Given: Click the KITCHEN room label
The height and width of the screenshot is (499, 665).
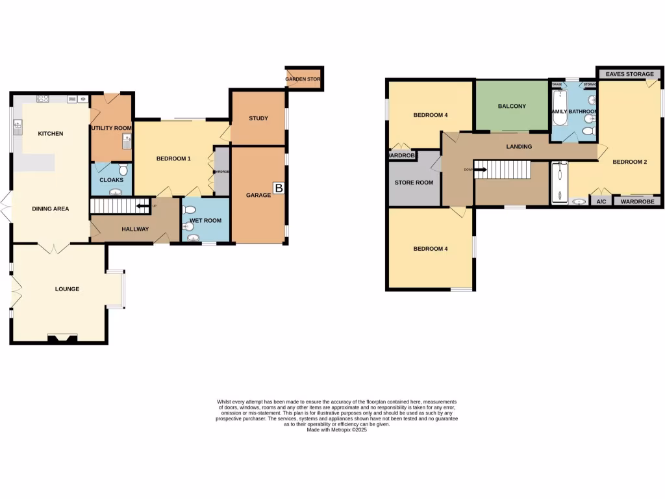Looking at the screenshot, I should click(51, 134).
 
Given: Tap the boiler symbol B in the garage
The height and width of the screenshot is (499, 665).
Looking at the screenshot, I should click(279, 188).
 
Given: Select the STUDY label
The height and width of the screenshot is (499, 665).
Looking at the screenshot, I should click(258, 118).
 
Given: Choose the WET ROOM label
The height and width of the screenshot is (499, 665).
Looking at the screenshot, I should click(205, 221).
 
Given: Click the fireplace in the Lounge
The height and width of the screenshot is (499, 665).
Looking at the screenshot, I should click(62, 337).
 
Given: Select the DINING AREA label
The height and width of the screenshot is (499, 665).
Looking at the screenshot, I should click(51, 209).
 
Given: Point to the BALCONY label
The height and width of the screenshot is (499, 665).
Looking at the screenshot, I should click(512, 107).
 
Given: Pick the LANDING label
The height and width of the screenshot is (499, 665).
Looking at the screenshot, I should click(519, 147).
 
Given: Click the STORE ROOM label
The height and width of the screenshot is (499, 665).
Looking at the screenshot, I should click(414, 183).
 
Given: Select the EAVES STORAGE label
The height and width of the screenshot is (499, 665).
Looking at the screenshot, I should click(629, 74).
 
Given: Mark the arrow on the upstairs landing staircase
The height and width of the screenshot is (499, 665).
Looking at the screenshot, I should click(480, 170).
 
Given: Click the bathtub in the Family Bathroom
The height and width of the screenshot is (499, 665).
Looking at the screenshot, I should click(558, 107).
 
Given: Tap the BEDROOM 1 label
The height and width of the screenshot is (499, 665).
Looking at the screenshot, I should click(173, 159).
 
